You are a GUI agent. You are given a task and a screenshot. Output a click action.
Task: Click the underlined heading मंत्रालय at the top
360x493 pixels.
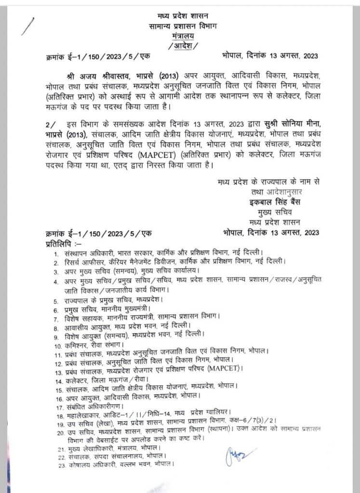181,36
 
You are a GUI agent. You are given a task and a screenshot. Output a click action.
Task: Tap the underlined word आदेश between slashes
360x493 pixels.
181,45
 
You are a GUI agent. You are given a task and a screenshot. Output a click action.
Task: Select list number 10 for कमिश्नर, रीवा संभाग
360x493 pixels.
56,346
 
